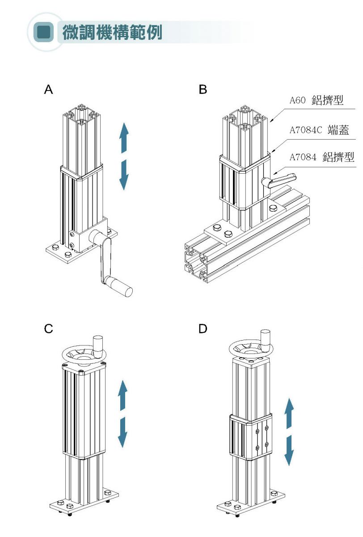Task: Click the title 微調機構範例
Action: click(112, 33)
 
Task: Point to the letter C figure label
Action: click(48, 329)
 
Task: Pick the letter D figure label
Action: click(203, 329)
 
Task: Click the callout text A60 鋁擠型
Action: click(317, 101)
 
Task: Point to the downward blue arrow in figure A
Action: click(124, 174)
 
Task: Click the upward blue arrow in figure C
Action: click(123, 395)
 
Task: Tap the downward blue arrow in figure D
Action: click(289, 450)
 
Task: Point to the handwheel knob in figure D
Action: click(266, 338)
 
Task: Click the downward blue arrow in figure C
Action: click(123, 433)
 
